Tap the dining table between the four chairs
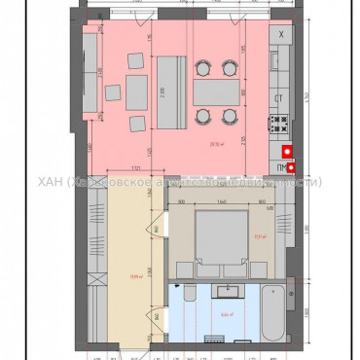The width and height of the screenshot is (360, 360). click(216, 91)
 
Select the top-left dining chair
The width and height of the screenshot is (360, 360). click(202, 67)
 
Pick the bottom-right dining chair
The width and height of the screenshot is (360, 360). click(230, 116)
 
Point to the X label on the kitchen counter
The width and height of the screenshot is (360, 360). click(281, 35)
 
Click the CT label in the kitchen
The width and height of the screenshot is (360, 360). click(278, 99)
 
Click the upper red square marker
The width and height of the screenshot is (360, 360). click(287, 151)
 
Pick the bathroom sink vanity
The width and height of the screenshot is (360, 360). click(234, 291)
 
